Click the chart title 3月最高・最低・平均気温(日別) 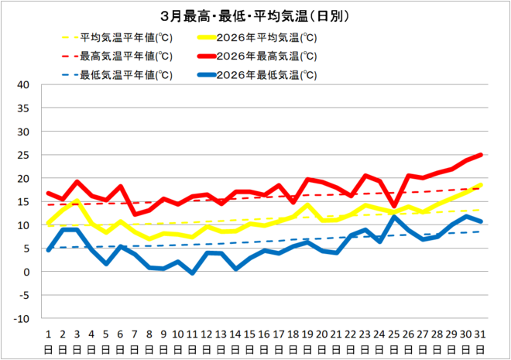click(x=255, y=15)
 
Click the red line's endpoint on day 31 click(x=481, y=155)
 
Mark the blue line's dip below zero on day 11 click(x=192, y=273)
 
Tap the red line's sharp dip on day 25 click(x=394, y=207)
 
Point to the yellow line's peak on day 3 click(x=77, y=201)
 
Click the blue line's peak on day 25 click(x=394, y=217)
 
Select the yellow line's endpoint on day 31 click(x=481, y=185)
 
